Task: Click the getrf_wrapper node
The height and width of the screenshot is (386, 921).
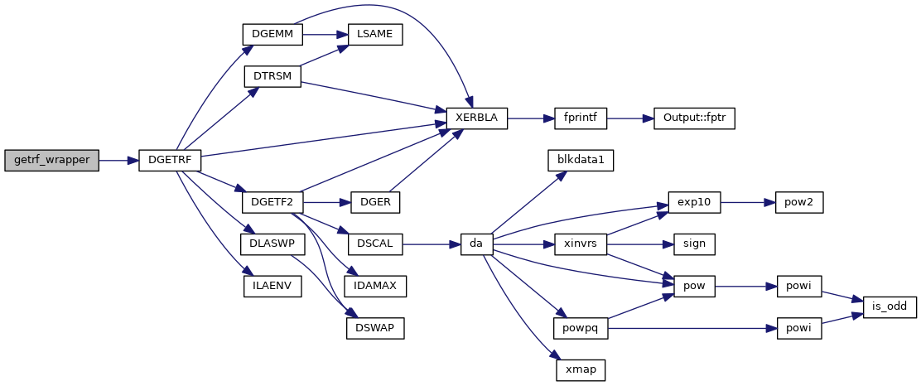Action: point(51,161)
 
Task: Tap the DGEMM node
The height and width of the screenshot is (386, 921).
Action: point(272,34)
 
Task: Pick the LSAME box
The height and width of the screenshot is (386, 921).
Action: point(375,34)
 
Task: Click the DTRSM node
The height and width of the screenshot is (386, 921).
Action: point(272,76)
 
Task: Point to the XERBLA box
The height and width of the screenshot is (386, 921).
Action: point(476,118)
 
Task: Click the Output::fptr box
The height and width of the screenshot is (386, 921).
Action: point(694,118)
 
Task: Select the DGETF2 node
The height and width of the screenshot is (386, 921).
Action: point(272,202)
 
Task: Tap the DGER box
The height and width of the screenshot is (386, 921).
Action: point(376,202)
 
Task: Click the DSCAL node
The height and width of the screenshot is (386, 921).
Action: point(375,244)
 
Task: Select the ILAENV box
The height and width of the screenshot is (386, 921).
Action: point(272,287)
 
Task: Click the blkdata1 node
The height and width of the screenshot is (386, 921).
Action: point(580,160)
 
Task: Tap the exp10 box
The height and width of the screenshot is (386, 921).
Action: point(694,202)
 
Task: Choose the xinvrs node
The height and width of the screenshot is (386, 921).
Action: point(580,244)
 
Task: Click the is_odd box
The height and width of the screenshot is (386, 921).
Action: point(890,307)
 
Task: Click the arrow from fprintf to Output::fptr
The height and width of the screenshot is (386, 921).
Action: point(630,118)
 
